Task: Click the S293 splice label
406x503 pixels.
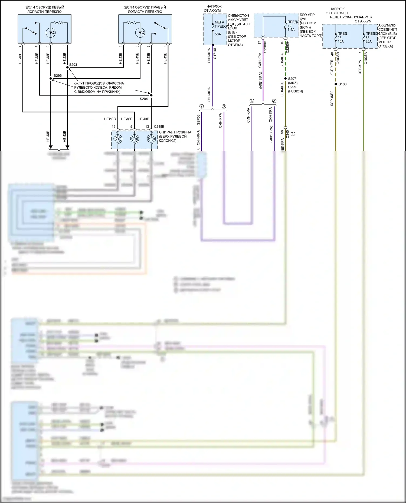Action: point(73,65)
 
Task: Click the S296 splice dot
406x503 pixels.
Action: point(51,79)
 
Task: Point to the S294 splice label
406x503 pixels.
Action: point(144,99)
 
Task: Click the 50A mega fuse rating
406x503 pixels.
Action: point(218,34)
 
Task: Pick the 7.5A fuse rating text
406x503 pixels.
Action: point(291,30)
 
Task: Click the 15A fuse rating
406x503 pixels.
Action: point(340,41)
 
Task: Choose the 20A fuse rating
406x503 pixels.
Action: point(369,41)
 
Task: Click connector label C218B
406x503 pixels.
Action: point(159,126)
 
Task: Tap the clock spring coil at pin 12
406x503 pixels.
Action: point(118,139)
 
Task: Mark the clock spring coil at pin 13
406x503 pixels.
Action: point(151,139)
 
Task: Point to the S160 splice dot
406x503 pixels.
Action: point(336,84)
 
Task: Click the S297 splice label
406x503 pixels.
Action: point(292,79)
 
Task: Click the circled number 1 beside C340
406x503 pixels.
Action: point(293,134)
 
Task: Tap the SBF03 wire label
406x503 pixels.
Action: point(198,120)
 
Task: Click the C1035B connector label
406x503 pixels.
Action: point(338,58)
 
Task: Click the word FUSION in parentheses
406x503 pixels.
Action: point(295,91)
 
